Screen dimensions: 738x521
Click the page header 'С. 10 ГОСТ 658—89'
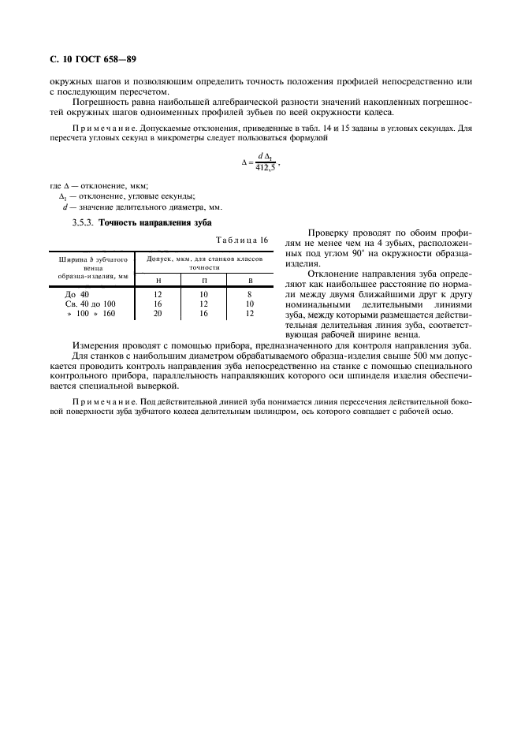coord(88,59)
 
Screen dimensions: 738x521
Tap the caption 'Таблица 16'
coord(241,240)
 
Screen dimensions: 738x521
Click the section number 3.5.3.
coord(83,223)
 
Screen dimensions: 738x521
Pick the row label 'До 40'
coord(76,294)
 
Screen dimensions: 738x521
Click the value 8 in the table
coord(250,294)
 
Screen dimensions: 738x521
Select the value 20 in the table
coord(158,313)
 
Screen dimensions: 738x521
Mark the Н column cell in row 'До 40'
coord(158,294)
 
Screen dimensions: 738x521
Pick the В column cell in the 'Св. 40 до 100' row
coord(250,304)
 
